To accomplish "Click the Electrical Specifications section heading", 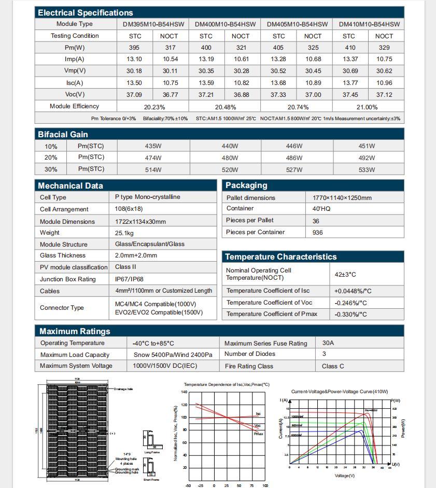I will point(86,12).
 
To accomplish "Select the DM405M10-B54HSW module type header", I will point(297,24).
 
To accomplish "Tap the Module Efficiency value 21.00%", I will point(367,107).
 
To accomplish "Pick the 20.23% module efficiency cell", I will point(154,107).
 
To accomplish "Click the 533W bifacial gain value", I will point(367,170).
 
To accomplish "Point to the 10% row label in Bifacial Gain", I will point(51,147).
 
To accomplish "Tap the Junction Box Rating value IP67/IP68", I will point(129,279).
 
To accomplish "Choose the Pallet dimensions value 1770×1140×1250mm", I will point(342,198).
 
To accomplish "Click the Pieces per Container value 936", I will point(318,233).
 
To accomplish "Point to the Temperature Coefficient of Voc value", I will point(350,303).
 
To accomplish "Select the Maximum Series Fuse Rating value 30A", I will point(328,343).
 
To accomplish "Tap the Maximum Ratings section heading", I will point(75,332).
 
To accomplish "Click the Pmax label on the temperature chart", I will point(258,434).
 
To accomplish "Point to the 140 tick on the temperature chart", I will point(184,392).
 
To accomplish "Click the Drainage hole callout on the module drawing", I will point(123,389).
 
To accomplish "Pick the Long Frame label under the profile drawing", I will point(152,452).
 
